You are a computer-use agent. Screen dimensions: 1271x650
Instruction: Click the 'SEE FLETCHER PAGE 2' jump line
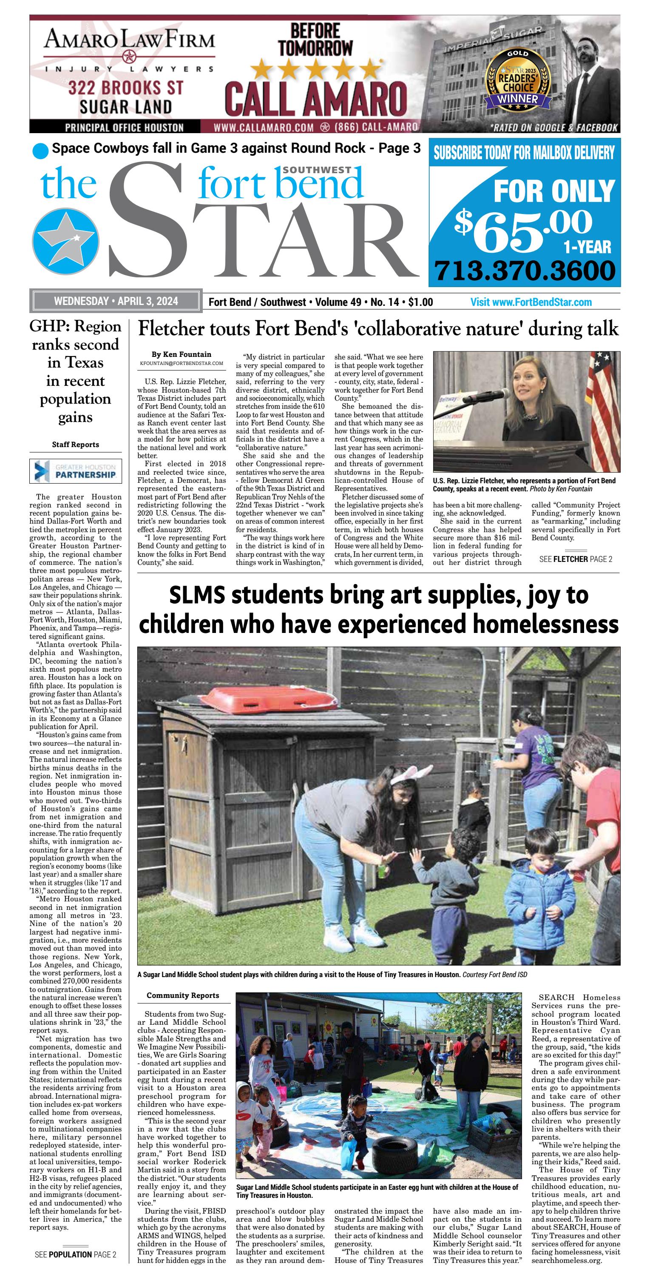[576, 559]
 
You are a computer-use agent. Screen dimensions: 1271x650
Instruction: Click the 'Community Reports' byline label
[182, 995]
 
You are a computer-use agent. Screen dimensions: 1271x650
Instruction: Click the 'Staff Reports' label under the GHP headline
[75, 445]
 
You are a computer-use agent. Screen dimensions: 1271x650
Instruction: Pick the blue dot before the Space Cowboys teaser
[40, 151]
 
